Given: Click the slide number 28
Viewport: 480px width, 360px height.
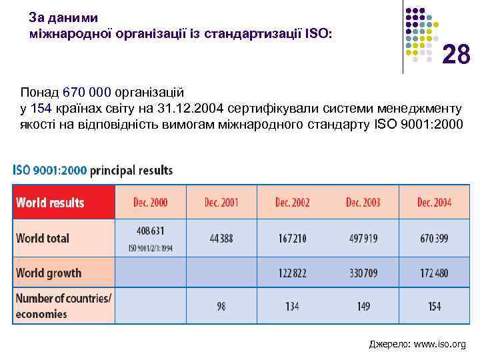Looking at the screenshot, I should [456, 55].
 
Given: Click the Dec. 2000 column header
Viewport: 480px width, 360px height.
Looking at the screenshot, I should [151, 202].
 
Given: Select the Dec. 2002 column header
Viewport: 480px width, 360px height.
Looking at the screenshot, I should [292, 202].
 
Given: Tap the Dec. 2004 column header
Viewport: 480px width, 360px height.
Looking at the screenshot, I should [434, 202].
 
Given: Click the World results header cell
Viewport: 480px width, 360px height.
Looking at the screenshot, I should [51, 202].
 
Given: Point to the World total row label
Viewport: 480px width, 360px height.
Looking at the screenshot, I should [43, 238].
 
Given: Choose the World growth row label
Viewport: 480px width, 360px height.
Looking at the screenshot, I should [49, 273].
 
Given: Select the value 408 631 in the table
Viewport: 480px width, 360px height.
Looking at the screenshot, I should [150, 231].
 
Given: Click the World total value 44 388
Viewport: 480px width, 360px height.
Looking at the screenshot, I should [221, 238].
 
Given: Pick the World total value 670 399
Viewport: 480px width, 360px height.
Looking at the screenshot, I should [433, 238].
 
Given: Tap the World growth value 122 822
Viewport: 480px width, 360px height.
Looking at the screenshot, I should [291, 273].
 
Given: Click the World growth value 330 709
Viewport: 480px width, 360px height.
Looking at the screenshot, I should [363, 273].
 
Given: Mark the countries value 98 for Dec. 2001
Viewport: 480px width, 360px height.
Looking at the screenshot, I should [221, 307].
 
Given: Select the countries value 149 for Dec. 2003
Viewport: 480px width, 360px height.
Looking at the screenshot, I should [363, 307].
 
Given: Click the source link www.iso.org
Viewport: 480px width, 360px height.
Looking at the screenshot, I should [440, 345].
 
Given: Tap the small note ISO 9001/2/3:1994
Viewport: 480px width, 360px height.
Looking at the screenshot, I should [150, 248].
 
